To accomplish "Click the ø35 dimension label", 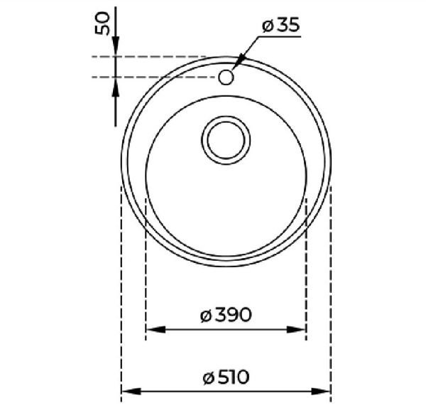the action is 281,25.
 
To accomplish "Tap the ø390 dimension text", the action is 226,315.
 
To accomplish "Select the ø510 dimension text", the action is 226,377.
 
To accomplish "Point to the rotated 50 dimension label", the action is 102,23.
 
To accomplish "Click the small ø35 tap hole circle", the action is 226,77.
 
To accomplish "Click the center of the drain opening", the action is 226,140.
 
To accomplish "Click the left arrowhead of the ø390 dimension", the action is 155,329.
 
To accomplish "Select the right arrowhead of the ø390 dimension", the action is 296,329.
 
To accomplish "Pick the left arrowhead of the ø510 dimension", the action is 131,392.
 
